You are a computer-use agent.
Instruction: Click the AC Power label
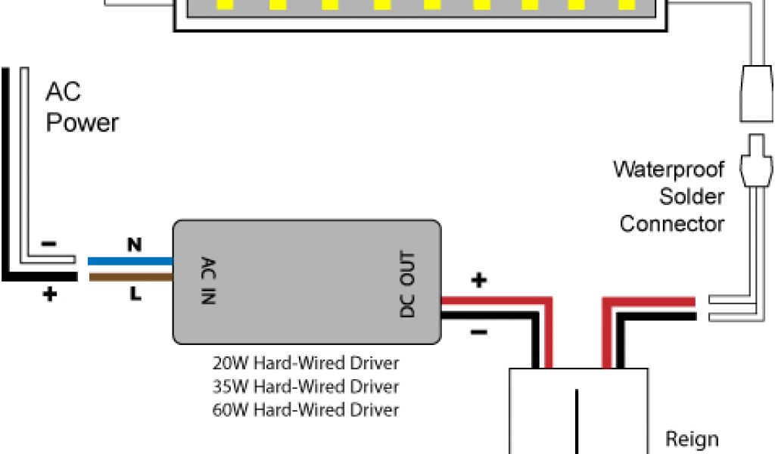click(82, 107)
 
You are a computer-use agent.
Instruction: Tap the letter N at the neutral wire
click(134, 244)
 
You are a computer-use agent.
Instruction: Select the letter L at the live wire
click(135, 294)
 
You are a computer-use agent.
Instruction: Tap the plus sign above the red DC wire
click(478, 281)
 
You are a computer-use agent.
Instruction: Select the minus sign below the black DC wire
click(478, 331)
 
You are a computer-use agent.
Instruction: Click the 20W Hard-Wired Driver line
click(306, 363)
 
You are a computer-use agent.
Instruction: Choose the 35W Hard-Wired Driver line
click(306, 387)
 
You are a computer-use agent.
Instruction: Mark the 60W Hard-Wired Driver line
click(306, 410)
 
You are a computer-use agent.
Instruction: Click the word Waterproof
click(668, 169)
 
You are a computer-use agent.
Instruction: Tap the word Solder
click(692, 197)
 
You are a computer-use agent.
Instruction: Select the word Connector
click(672, 224)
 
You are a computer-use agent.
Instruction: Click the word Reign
click(691, 439)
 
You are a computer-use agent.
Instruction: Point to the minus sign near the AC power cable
click(49, 244)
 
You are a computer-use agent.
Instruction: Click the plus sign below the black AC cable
click(49, 295)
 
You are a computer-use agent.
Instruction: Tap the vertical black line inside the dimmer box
click(578, 420)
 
